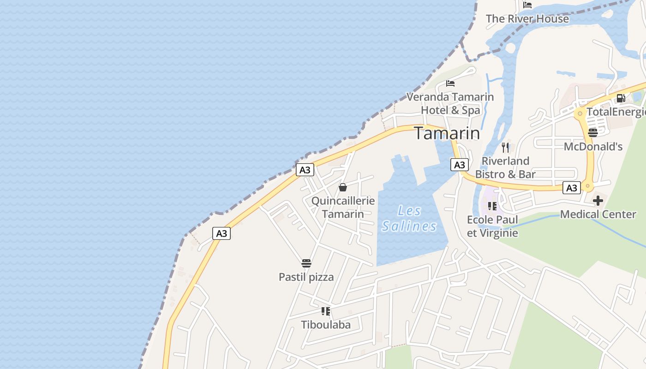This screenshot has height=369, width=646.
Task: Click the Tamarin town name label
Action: [447, 133]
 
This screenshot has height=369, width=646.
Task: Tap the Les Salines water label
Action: [409, 219]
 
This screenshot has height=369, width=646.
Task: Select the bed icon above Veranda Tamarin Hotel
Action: [450, 83]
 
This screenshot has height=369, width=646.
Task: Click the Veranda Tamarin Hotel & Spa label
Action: [450, 103]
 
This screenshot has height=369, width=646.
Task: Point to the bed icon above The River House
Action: [527, 5]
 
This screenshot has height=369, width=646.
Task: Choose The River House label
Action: [527, 19]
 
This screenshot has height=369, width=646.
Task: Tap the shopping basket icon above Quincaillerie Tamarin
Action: [343, 187]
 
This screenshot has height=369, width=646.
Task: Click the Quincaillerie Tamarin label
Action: [343, 208]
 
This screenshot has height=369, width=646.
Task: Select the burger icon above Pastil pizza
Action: [306, 263]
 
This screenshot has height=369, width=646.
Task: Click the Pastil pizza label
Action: [306, 277]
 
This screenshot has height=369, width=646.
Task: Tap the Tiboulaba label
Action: [326, 325]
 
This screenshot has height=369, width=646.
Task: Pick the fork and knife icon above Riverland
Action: [505, 148]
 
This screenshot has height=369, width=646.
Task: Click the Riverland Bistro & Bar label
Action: [505, 167]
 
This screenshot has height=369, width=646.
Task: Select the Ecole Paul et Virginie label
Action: [492, 226]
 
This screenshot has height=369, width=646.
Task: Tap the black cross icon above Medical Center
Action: [598, 201]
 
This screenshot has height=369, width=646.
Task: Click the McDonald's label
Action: [593, 147]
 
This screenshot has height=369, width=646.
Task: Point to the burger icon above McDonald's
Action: [593, 133]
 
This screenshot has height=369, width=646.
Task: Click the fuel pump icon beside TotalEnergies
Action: [621, 98]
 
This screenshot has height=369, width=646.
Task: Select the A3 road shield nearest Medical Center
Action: [571, 188]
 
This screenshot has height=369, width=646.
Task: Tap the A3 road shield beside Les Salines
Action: [459, 165]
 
